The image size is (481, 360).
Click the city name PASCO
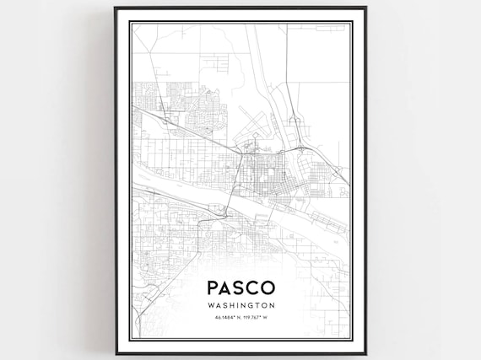(240, 287)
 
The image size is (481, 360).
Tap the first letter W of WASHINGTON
(211, 306)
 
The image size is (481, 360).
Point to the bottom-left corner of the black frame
(115, 352)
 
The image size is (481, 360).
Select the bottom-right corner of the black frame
(366, 352)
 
